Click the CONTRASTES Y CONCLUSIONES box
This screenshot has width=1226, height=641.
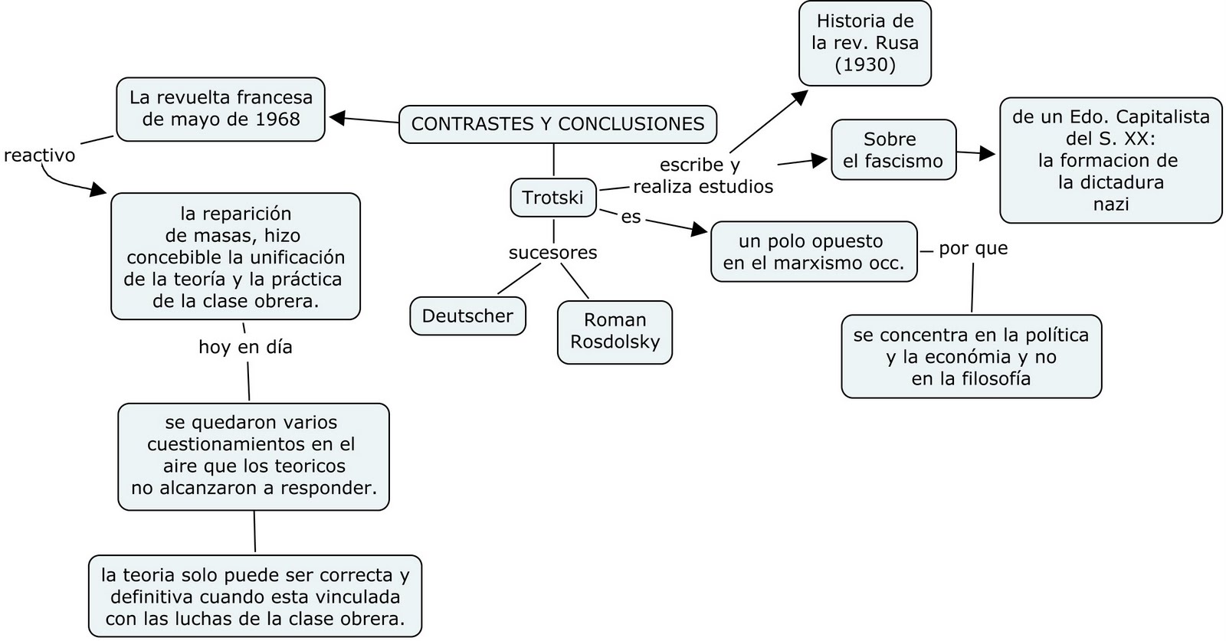[x=557, y=123]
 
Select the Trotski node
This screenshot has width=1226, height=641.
[x=552, y=197]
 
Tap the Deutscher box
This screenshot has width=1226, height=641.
[x=467, y=316]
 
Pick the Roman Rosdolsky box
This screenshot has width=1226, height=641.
[x=615, y=331]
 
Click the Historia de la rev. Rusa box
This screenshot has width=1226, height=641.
[x=864, y=43]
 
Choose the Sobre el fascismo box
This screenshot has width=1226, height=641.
[x=893, y=149]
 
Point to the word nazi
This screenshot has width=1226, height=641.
[x=1110, y=204]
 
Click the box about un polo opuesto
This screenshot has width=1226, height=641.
[x=813, y=252]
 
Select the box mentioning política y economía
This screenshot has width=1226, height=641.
[x=971, y=356]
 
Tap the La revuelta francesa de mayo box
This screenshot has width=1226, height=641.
[x=221, y=109]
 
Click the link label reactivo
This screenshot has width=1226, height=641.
[x=40, y=155]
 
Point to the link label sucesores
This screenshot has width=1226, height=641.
[x=552, y=252]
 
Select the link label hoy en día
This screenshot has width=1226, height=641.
[x=245, y=347]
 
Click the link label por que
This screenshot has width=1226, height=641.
[x=973, y=248]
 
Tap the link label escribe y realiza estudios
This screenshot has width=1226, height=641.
[x=703, y=175]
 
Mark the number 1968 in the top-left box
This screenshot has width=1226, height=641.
[x=277, y=119]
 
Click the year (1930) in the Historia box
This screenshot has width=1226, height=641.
[x=865, y=64]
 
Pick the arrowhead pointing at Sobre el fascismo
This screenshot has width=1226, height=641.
[x=819, y=160]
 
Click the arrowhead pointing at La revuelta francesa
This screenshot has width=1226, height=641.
[x=337, y=118]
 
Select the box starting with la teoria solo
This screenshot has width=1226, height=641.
[x=255, y=597]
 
